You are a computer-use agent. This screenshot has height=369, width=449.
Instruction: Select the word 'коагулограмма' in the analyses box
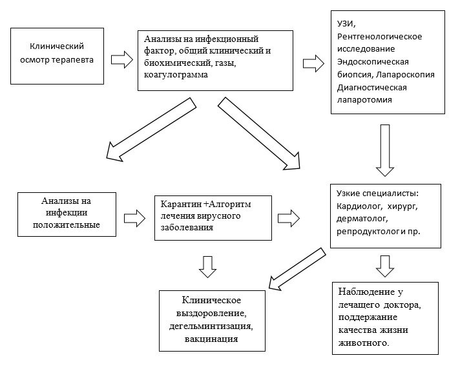tap(172, 75)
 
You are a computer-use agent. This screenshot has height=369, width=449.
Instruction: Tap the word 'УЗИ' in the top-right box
tap(346, 24)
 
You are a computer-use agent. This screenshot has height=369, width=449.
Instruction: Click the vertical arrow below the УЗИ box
tap(386, 150)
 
